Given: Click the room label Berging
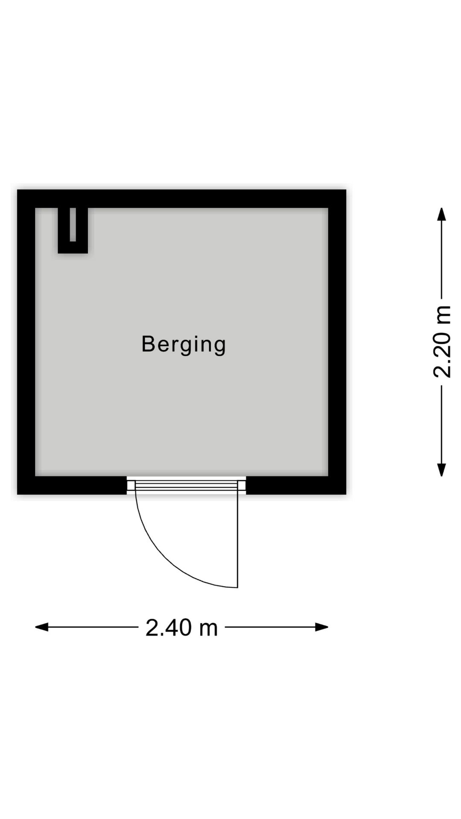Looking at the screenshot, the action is coord(184,345).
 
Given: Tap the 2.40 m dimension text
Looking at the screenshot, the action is coord(182,628).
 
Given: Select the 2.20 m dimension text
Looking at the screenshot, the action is coord(442,342).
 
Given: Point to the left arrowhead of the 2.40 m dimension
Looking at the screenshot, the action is coord(41,627).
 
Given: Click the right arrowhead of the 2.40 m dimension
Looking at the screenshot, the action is coord(321,627).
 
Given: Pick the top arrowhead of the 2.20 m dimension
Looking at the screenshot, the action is coord(441,214).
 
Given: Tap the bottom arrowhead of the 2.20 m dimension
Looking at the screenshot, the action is coord(441,470).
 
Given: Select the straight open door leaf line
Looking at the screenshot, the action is coord(237,539).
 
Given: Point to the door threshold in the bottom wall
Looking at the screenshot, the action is coord(187,485).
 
